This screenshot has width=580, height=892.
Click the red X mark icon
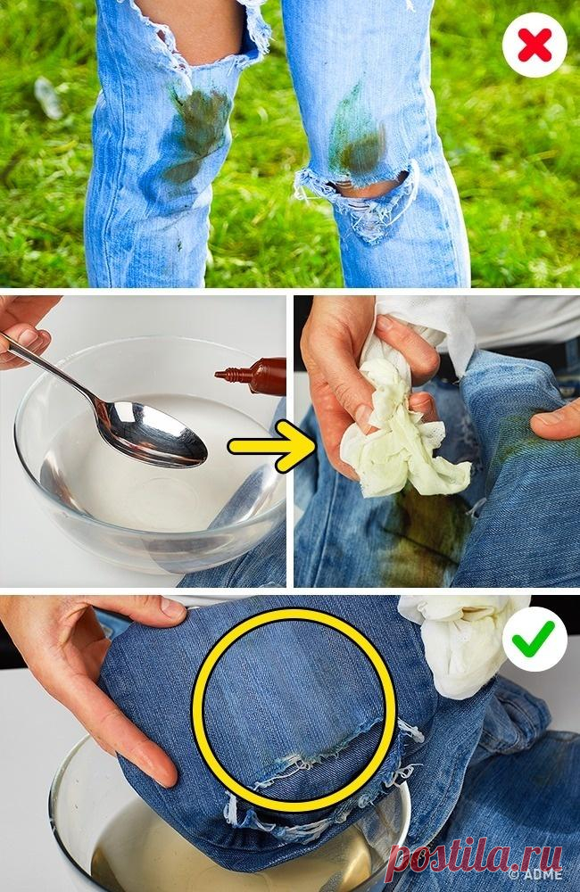pyautogui.click(x=534, y=45)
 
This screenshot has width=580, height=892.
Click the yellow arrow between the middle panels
pyautogui.click(x=272, y=447)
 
